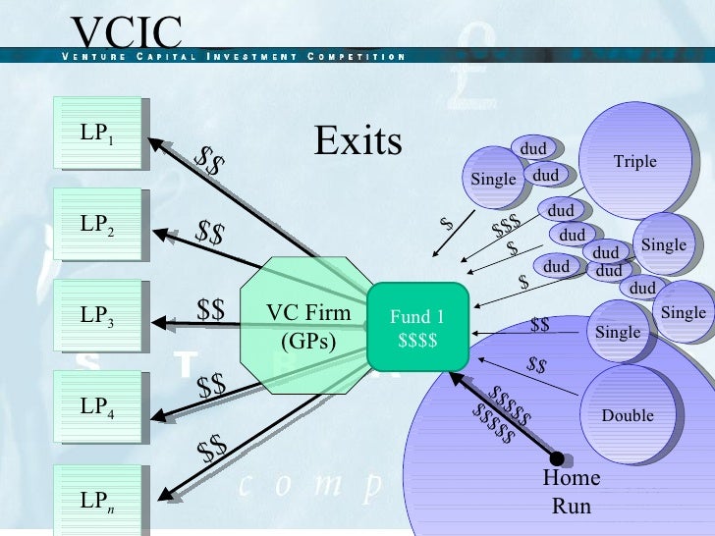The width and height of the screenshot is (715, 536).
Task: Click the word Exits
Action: pyautogui.click(x=357, y=142)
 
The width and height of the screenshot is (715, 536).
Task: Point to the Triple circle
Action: pyautogui.click(x=634, y=162)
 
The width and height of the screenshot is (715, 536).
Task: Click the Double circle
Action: pyautogui.click(x=628, y=414)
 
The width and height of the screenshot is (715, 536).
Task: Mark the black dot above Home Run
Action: pyautogui.click(x=557, y=458)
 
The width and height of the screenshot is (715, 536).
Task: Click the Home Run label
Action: pyautogui.click(x=572, y=492)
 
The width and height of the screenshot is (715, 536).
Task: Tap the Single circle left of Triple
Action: pyautogui.click(x=493, y=179)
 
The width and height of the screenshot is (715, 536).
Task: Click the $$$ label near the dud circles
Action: pyautogui.click(x=506, y=227)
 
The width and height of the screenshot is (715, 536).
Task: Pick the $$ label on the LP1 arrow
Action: pyautogui.click(x=207, y=160)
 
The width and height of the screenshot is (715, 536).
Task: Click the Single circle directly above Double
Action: pyautogui.click(x=618, y=332)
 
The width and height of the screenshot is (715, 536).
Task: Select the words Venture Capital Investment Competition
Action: pyautogui.click(x=233, y=55)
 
